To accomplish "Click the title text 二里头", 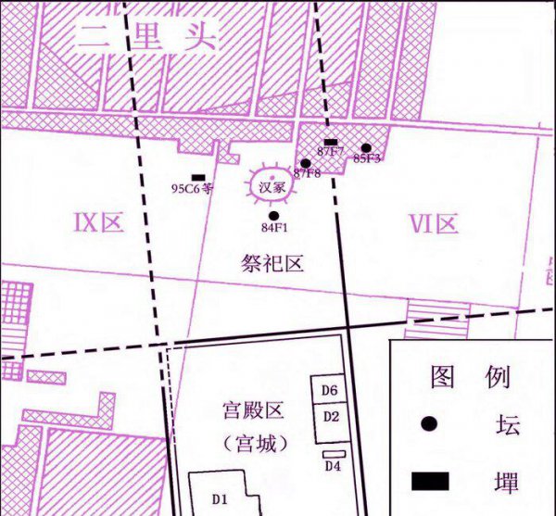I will [x=148, y=38].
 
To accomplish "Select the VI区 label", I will [x=434, y=223].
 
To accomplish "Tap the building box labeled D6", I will [x=330, y=390].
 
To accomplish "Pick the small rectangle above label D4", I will [x=333, y=453].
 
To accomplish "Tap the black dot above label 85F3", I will [x=366, y=147].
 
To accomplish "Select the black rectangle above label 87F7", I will [x=330, y=142].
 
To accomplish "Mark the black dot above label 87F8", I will [x=305, y=163].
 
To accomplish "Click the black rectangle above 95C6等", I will [x=197, y=177].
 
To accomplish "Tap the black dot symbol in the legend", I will [x=428, y=423].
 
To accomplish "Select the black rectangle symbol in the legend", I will [x=429, y=481].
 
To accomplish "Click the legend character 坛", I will [x=508, y=423].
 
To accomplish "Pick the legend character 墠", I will [x=508, y=481].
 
